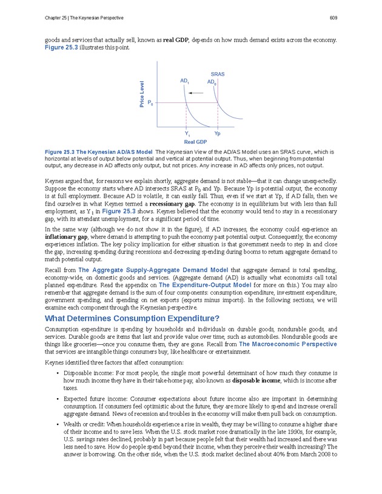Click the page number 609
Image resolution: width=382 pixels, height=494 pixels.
(x=333, y=16)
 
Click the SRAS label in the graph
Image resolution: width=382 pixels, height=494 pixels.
(x=218, y=74)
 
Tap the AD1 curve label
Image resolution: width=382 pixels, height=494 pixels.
(x=185, y=81)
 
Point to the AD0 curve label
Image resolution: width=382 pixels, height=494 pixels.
(x=212, y=82)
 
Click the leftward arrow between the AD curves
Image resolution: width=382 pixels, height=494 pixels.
(x=195, y=93)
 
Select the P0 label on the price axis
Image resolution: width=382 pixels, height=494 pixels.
(x=150, y=104)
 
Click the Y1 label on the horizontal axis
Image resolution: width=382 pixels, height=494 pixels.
(x=187, y=133)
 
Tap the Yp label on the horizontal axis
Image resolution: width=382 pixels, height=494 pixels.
(x=217, y=133)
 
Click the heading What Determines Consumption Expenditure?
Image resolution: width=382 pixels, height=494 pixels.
(x=132, y=318)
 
